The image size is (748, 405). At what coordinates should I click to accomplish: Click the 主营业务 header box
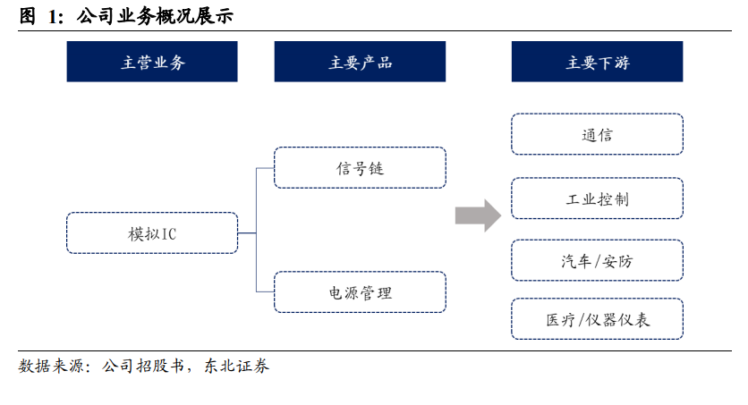tap(152, 62)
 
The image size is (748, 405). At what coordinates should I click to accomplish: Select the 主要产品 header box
tap(360, 62)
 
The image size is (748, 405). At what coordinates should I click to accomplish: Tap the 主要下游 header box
tap(598, 62)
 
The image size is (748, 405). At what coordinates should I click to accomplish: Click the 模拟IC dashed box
tap(152, 233)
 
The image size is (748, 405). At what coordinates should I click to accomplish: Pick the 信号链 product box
tap(360, 168)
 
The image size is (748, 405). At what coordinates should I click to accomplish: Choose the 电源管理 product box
tap(360, 292)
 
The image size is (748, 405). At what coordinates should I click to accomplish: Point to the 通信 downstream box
tap(598, 134)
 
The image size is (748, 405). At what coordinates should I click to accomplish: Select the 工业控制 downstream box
tap(598, 198)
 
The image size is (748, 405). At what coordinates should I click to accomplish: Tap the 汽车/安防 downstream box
tap(598, 261)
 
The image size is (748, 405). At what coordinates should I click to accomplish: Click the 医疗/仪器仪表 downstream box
tap(598, 319)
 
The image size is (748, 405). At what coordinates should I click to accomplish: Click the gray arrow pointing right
tap(478, 215)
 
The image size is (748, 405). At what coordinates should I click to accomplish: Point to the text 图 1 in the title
tap(41, 16)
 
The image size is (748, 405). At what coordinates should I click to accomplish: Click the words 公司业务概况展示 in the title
tap(155, 16)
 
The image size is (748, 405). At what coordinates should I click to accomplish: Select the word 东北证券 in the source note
tap(236, 366)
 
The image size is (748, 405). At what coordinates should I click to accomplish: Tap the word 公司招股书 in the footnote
tap(142, 366)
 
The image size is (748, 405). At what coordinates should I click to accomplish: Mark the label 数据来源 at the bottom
tap(51, 366)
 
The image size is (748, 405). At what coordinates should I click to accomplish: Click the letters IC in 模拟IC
tap(169, 234)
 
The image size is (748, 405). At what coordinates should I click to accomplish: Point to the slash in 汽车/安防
tap(596, 261)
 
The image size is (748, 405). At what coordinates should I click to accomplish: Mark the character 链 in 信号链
tap(376, 168)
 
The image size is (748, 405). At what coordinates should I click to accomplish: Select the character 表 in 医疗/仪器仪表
tap(642, 320)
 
